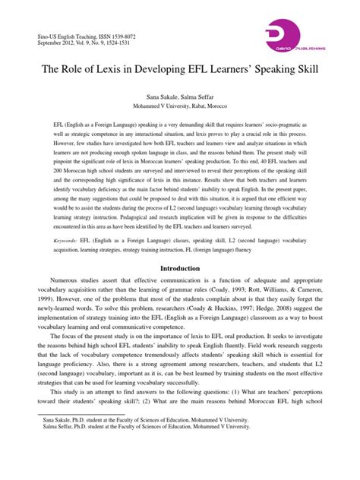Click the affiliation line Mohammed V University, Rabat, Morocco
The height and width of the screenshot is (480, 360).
click(180, 108)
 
